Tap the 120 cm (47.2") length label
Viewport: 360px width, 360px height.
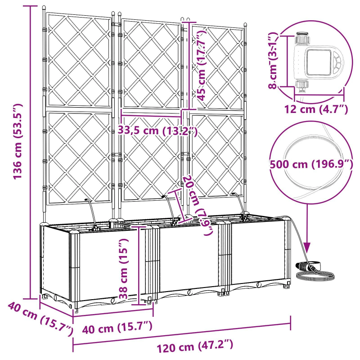point(195,346)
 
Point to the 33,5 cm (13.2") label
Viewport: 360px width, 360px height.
point(157,131)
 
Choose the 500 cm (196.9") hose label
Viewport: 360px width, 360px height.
point(311,164)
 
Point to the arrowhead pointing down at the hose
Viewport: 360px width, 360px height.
point(307,247)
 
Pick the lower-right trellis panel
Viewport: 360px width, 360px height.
point(217,155)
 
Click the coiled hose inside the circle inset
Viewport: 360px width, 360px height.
point(310,148)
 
